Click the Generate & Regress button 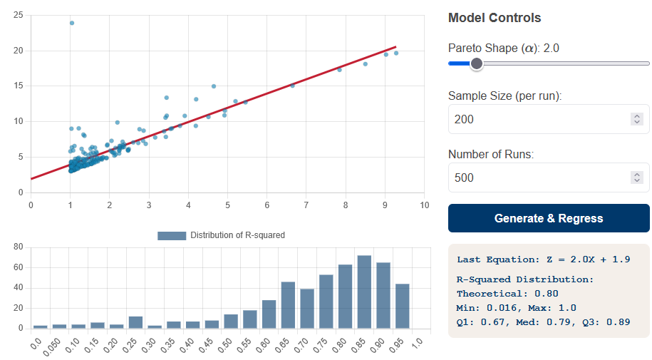(x=549, y=218)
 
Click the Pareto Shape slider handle (x=477, y=63)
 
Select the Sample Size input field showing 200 (x=538, y=119)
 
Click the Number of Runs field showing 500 (x=538, y=178)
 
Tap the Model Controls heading (x=494, y=18)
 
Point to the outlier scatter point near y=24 (x=72, y=23)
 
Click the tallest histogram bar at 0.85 (x=364, y=292)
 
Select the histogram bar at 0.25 (x=135, y=322)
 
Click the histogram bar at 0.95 (x=403, y=306)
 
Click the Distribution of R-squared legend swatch (x=171, y=235)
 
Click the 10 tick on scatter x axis (x=424, y=205)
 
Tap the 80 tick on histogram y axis (x=19, y=247)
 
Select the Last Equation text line (x=543, y=259)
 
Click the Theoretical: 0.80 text (x=507, y=293)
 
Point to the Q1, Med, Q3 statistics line (x=543, y=322)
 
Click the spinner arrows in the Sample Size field (x=637, y=119)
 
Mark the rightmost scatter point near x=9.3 (x=396, y=53)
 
